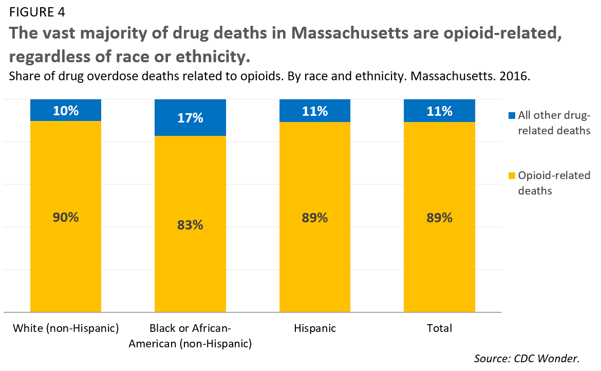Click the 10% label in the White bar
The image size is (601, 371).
(66, 111)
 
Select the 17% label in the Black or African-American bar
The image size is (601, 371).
(190, 118)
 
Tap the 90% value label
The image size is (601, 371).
(66, 217)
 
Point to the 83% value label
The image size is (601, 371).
(190, 224)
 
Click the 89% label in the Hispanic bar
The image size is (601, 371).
(314, 218)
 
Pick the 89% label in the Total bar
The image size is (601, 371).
(439, 218)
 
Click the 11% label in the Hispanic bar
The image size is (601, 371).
(314, 111)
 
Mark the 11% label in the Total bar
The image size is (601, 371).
(439, 111)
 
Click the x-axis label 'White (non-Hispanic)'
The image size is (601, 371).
(66, 328)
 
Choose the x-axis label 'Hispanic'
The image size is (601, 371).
(314, 328)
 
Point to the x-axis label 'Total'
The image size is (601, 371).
(439, 328)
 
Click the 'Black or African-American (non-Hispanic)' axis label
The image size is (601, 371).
(190, 336)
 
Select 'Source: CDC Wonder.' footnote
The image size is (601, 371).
(534, 358)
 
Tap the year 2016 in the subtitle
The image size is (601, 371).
(517, 76)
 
